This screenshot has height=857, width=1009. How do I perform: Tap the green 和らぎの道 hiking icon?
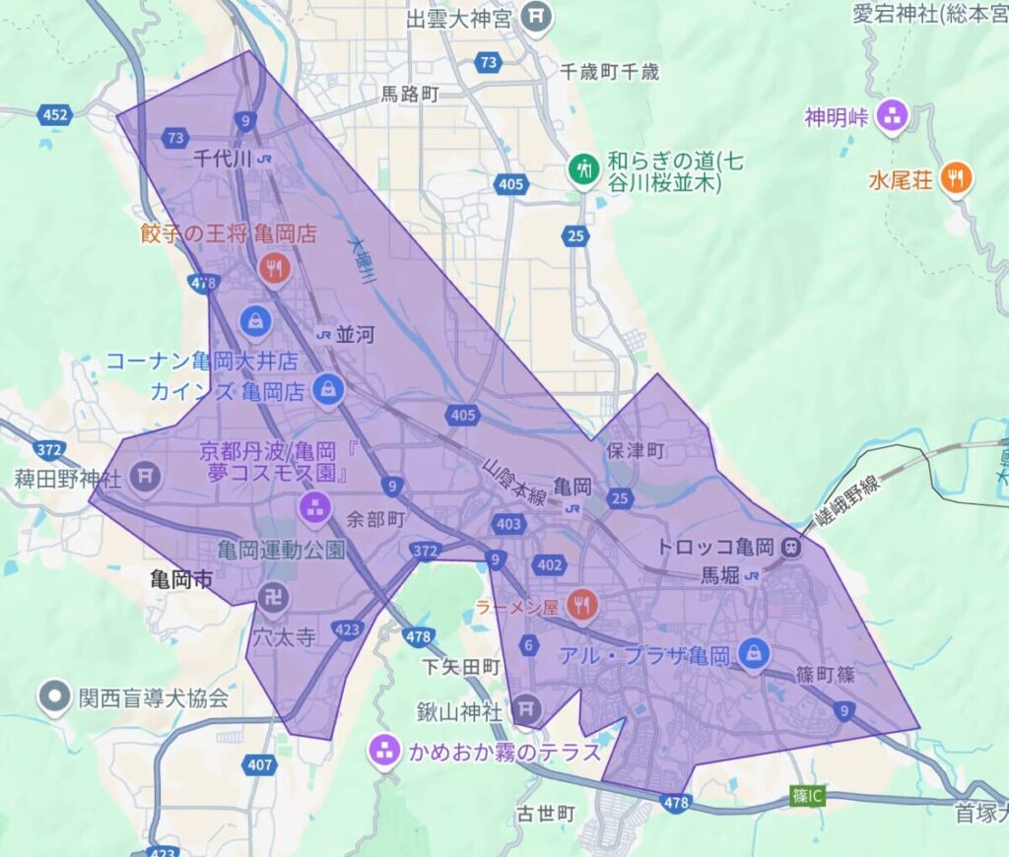584,167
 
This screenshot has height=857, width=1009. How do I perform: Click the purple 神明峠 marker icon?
894,115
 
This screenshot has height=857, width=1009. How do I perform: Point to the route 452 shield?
56,115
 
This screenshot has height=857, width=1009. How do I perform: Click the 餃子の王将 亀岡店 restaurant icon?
274,266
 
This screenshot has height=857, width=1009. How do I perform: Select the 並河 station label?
355,335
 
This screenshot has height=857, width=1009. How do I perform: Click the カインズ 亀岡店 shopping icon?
327,389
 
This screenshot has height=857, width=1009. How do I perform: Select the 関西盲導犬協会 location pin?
52,697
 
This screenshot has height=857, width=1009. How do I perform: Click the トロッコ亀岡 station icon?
790,547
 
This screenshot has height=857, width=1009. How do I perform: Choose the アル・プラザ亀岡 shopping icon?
754,652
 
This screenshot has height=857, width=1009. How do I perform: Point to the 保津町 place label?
637,450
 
